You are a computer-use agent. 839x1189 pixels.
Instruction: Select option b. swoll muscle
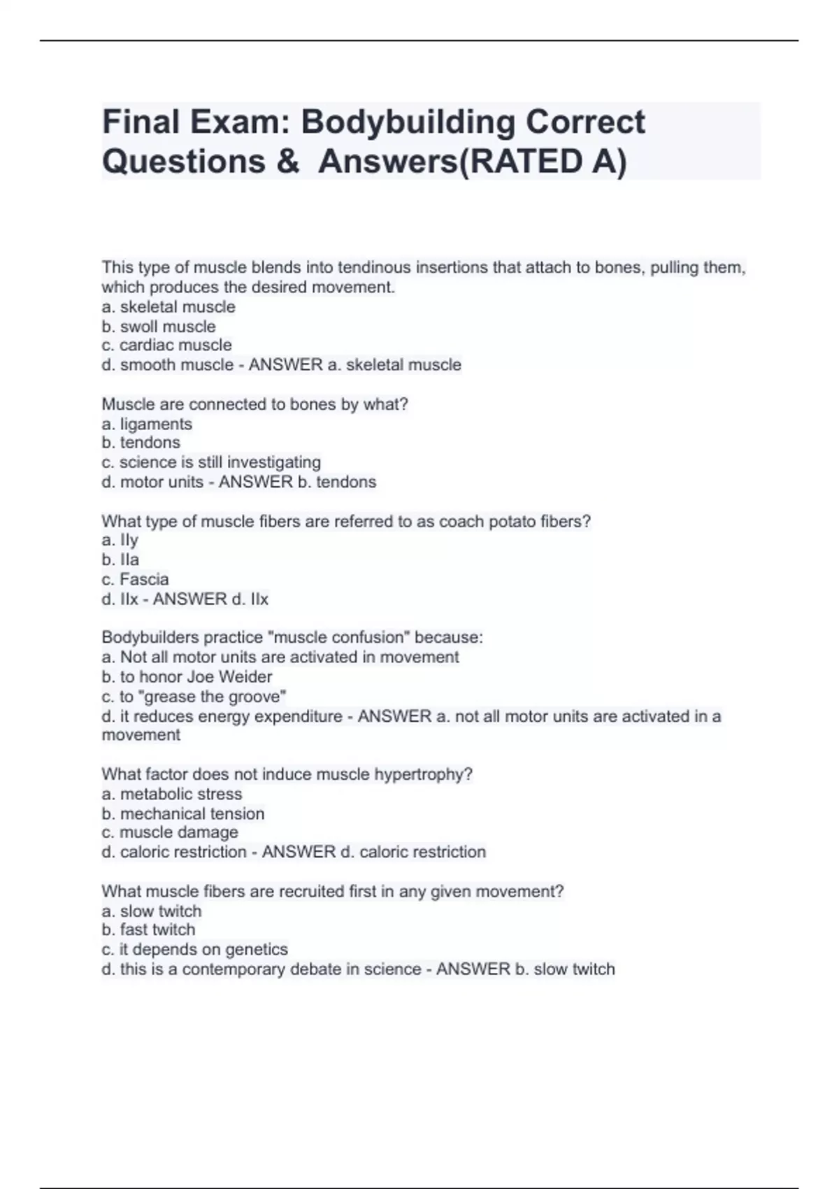pyautogui.click(x=159, y=327)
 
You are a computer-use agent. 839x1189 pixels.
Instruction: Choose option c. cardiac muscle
pyautogui.click(x=166, y=346)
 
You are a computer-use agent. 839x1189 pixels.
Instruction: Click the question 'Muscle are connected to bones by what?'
pyautogui.click(x=254, y=404)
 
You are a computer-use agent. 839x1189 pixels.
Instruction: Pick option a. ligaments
pyautogui.click(x=147, y=424)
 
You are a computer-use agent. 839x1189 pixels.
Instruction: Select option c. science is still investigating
pyautogui.click(x=211, y=462)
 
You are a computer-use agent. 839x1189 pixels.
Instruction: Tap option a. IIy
pyautogui.click(x=120, y=540)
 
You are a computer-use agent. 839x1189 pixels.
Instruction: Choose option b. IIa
pyautogui.click(x=120, y=560)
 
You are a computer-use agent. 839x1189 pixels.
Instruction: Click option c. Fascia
pyautogui.click(x=135, y=579)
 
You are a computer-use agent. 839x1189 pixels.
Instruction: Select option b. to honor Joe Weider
pyautogui.click(x=187, y=676)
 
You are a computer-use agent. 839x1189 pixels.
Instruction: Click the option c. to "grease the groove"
pyautogui.click(x=194, y=697)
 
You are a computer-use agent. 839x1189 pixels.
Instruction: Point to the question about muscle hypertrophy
pyautogui.click(x=287, y=774)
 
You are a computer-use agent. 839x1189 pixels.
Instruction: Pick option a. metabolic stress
pyautogui.click(x=172, y=794)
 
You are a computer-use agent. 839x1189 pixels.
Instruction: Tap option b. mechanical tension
pyautogui.click(x=183, y=813)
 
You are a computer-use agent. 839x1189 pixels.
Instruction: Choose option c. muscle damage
pyautogui.click(x=170, y=832)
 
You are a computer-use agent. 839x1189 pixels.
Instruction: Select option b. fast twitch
pyautogui.click(x=148, y=930)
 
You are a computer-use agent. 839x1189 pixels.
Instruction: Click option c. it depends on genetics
pyautogui.click(x=194, y=949)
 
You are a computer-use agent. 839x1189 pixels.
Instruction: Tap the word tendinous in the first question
pyautogui.click(x=374, y=267)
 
